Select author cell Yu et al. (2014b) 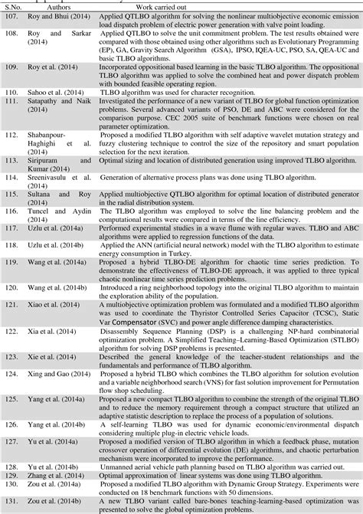click(x=60, y=466)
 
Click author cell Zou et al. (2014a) click(x=61, y=484)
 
